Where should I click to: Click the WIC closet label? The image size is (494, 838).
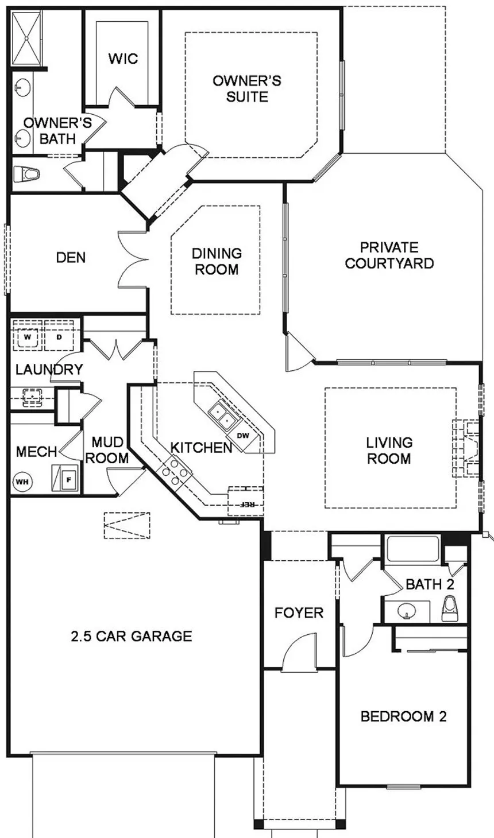123,59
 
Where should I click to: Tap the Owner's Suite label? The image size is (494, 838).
247,88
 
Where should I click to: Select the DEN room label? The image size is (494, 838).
71,257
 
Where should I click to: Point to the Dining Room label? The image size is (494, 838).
217,261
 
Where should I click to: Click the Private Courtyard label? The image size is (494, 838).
389,255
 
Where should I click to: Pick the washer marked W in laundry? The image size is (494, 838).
28,337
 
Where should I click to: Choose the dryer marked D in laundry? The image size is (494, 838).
59,337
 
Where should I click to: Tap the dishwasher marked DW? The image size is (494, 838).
244,436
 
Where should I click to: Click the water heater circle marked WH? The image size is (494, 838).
22,482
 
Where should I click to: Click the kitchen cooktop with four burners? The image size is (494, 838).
175,472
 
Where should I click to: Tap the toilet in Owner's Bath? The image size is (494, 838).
26,174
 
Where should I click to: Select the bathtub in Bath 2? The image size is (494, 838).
413,549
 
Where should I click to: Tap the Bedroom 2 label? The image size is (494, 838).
403,716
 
